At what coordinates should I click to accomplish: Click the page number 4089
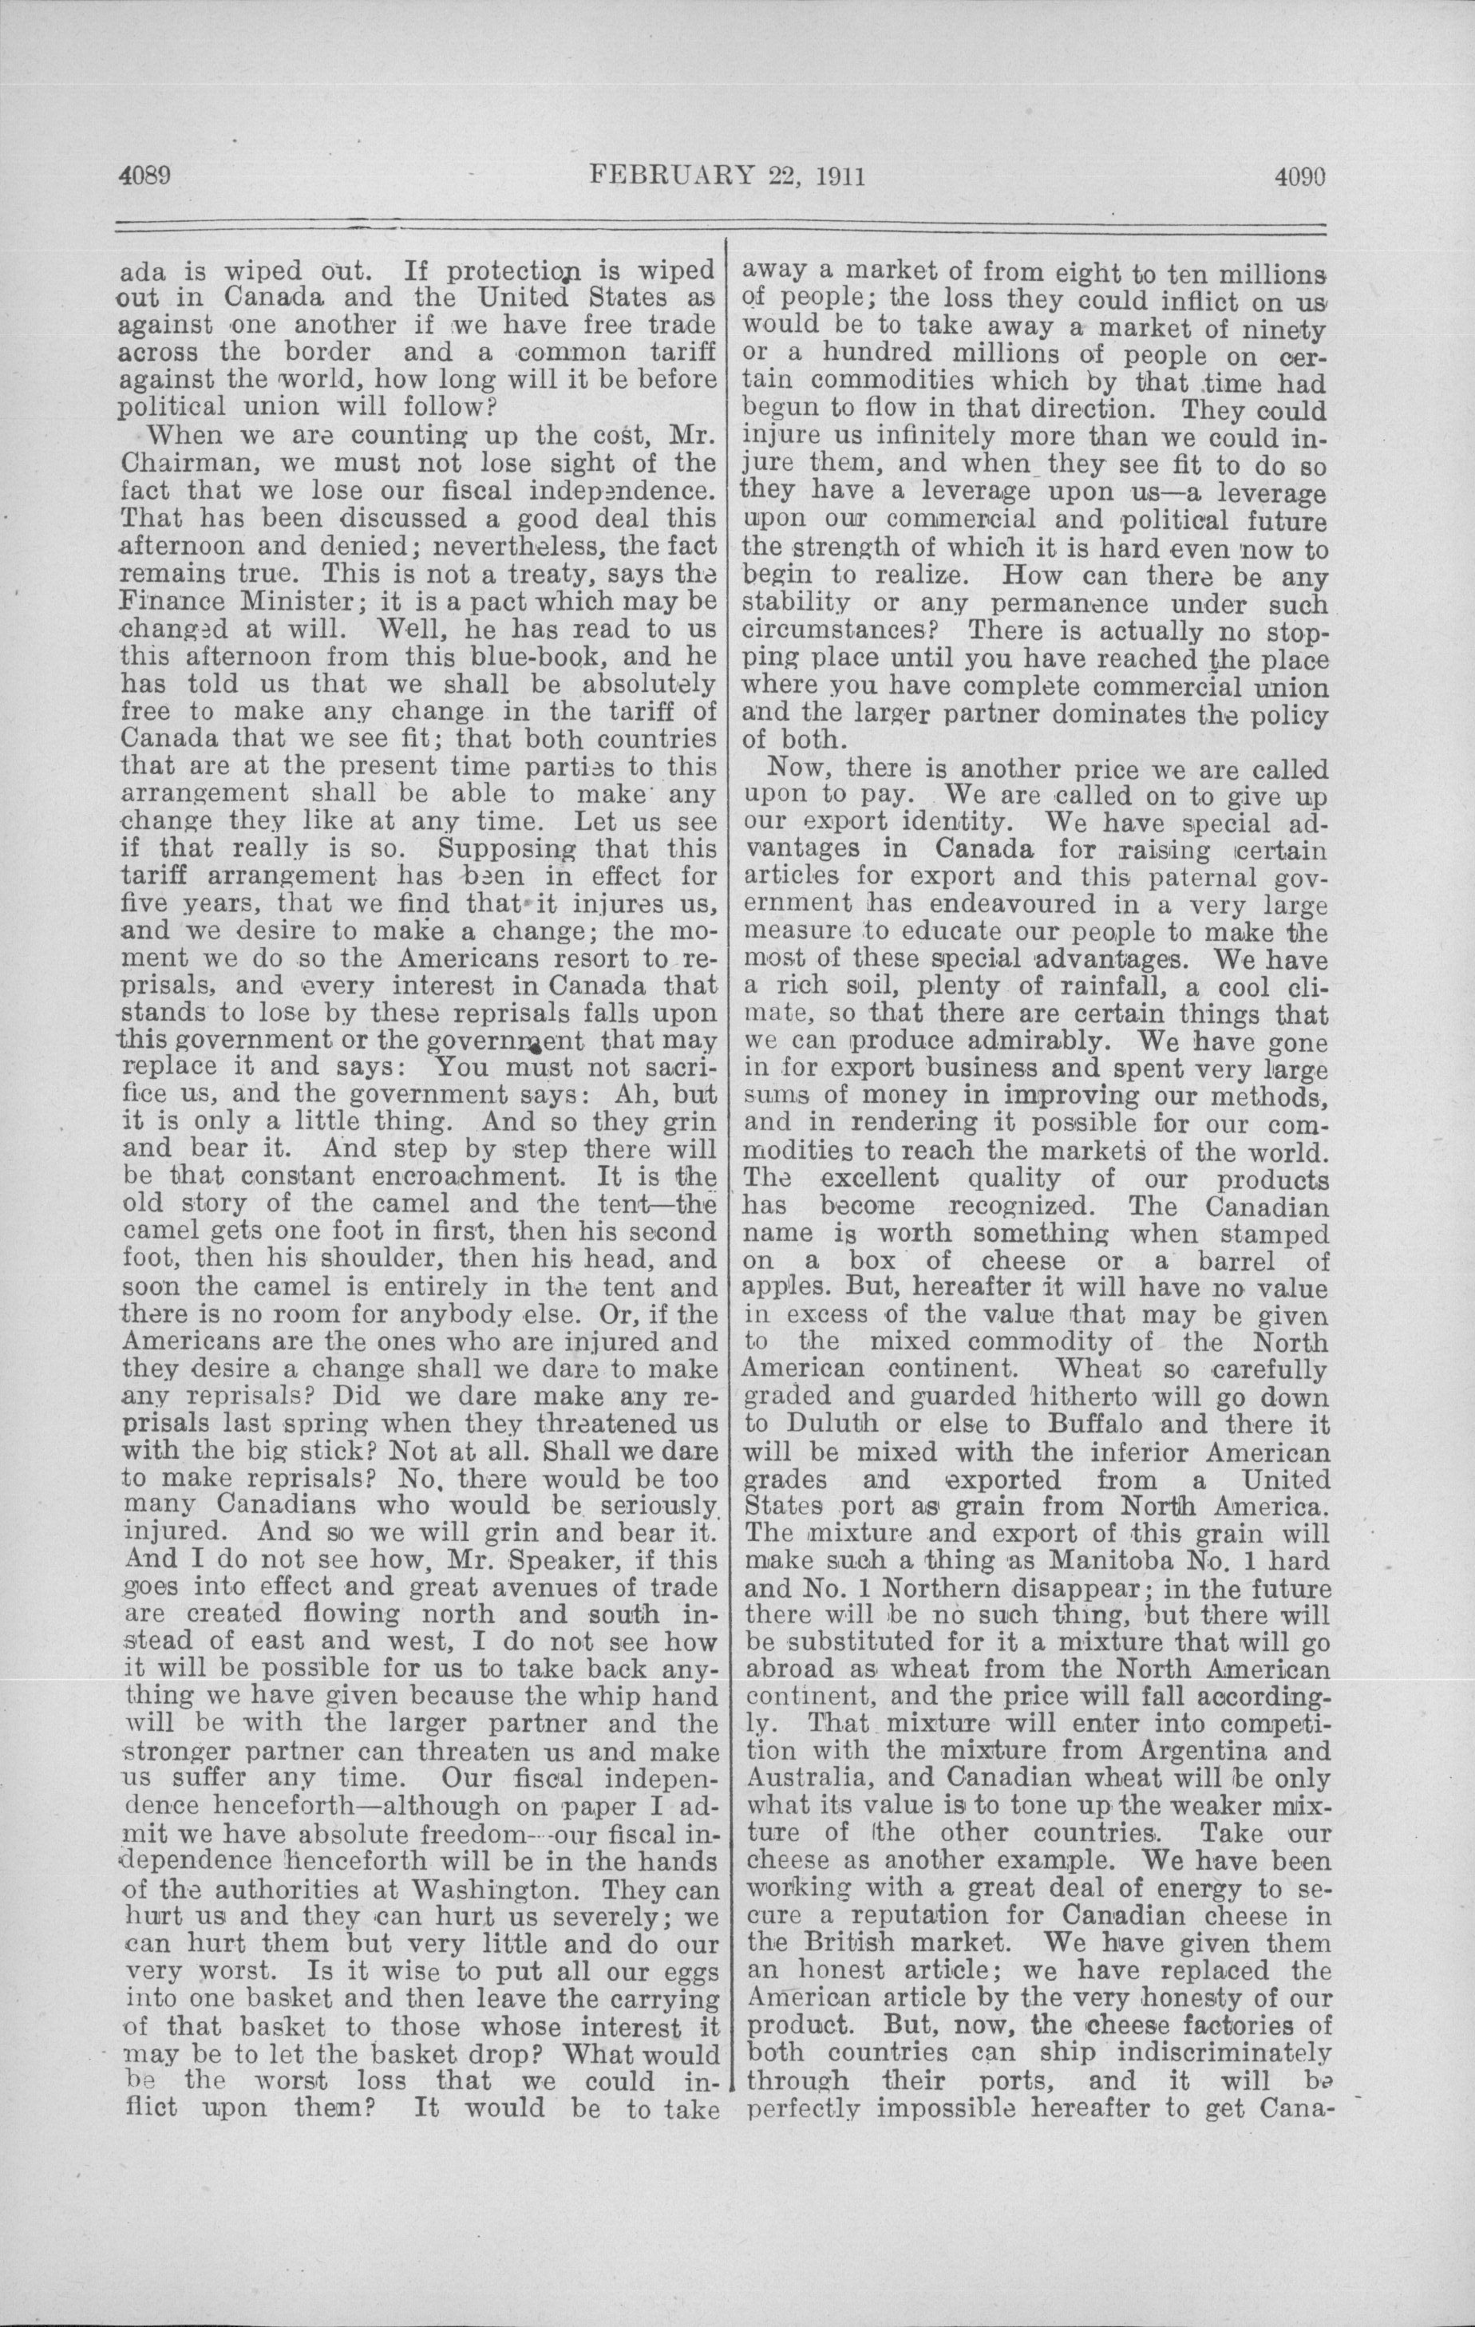pos(144,177)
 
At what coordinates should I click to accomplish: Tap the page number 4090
pos(1298,177)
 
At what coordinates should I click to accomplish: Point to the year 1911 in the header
pos(831,177)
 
